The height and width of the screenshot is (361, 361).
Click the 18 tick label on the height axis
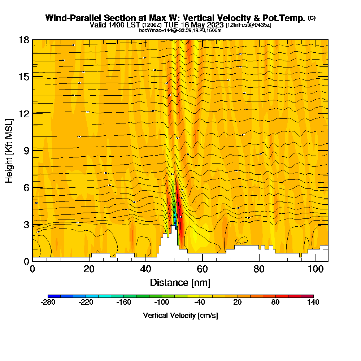point(24,40)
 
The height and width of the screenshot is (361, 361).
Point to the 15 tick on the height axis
point(24,77)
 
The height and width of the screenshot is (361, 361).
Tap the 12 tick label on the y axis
point(24,113)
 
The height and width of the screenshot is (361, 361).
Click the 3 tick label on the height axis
point(26,224)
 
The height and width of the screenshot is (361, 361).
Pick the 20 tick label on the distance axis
point(89,269)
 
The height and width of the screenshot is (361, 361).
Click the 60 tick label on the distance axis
point(203,269)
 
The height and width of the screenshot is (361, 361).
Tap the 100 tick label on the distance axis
point(316,269)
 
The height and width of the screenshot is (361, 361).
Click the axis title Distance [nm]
point(180,282)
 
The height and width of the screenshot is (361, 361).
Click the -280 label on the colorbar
point(48,303)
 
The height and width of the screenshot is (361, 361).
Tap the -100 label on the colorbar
point(162,303)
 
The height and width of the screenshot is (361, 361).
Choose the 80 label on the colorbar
point(275,303)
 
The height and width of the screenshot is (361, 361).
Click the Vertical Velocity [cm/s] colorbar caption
point(180,316)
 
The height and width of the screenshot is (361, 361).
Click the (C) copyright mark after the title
point(312,18)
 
